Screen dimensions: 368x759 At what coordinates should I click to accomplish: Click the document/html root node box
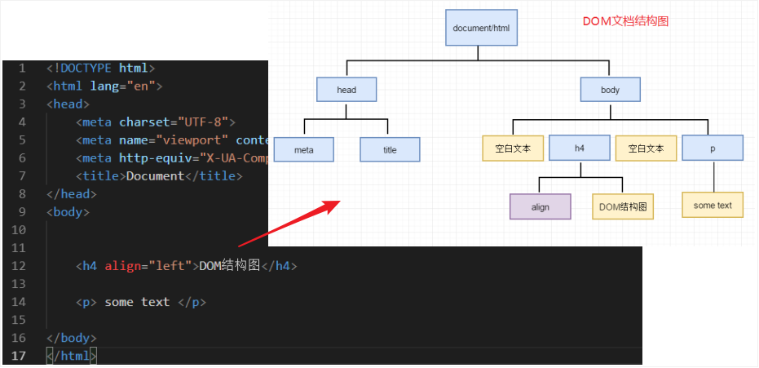coord(481,28)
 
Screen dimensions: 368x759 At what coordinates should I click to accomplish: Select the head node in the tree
coord(346,90)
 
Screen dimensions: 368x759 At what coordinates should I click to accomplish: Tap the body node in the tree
coord(610,90)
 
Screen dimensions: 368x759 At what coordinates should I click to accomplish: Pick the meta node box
coord(303,149)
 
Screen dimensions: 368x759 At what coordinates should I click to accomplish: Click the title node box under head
coord(390,149)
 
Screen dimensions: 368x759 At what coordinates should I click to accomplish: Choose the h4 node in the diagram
coord(580,148)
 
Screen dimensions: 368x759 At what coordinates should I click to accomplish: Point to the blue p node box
coord(713,148)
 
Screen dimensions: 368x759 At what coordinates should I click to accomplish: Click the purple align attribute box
coord(540,206)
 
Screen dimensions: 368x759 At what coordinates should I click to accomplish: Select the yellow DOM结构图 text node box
coord(623,206)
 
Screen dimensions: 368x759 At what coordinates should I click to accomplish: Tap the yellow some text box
coord(713,206)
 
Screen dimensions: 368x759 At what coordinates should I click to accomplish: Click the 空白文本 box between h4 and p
coord(646,148)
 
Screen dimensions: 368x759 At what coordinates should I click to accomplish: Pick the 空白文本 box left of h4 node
coord(513,148)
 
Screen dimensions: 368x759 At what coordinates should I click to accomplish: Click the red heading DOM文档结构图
coord(625,22)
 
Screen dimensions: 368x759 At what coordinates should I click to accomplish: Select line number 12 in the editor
coord(20,266)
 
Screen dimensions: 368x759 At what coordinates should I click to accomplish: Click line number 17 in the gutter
coord(20,356)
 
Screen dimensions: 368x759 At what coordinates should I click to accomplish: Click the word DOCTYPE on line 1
coord(85,68)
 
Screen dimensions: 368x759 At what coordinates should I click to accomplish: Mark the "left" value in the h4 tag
coord(172,266)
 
